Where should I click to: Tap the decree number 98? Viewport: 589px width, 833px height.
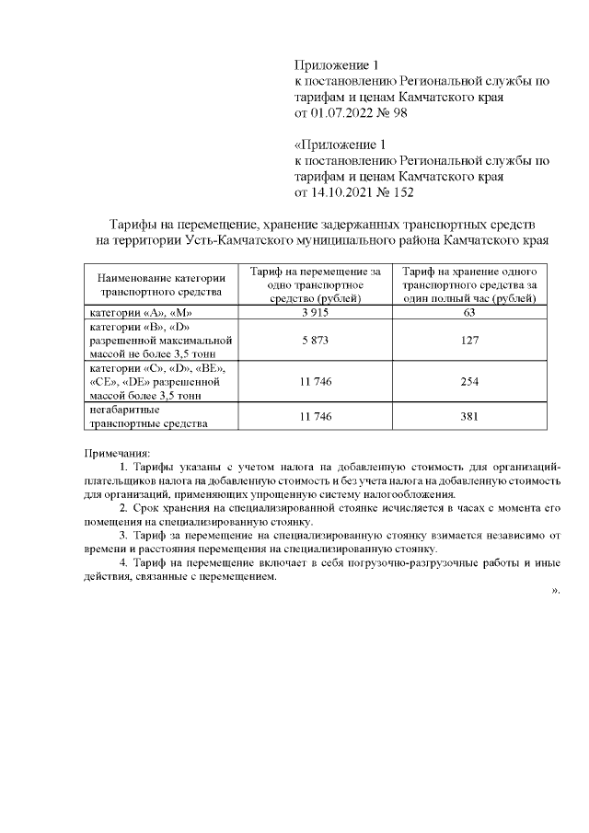tap(398, 113)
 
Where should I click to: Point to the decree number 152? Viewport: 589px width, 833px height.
tap(401, 193)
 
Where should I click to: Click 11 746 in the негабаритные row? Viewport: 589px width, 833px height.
tap(315, 417)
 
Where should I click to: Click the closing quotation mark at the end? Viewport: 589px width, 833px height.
tap(555, 591)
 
